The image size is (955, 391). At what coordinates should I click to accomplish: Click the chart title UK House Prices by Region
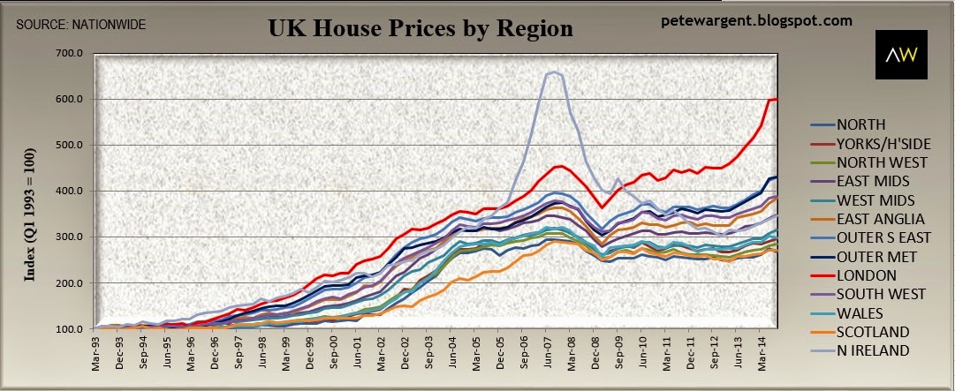(421, 28)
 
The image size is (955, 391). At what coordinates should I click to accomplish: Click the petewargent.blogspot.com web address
(756, 19)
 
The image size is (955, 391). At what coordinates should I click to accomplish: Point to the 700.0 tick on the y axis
(69, 54)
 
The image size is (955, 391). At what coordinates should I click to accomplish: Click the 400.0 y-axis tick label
(69, 192)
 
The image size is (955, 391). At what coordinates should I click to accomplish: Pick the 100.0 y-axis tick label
(69, 329)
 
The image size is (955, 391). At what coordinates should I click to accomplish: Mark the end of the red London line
(776, 99)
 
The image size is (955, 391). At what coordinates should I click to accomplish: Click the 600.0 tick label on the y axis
(69, 100)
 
